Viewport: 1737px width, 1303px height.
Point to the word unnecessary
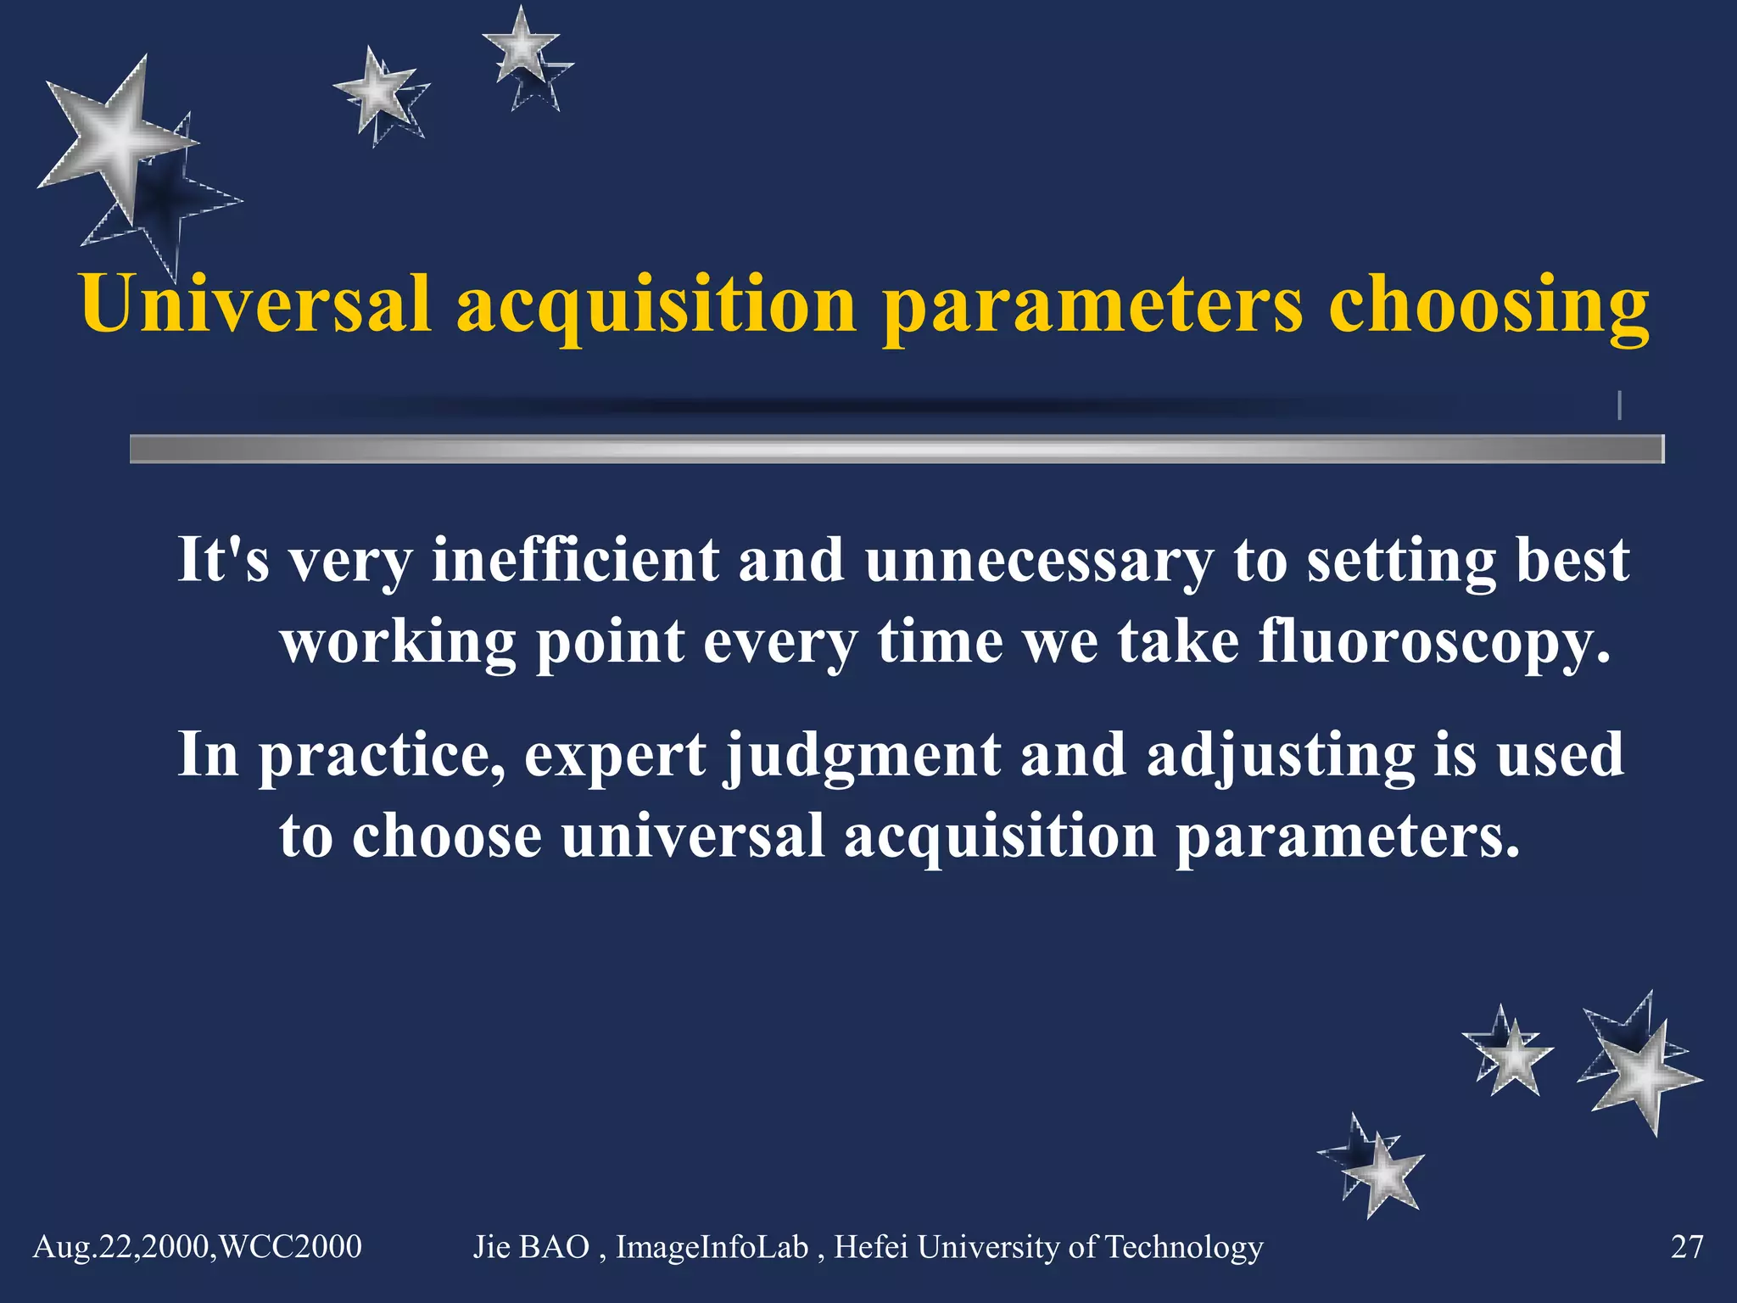point(1039,562)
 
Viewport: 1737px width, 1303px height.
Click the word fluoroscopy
point(1433,643)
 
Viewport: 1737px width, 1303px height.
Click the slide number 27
point(1686,1247)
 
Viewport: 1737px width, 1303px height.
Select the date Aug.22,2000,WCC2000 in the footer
point(197,1247)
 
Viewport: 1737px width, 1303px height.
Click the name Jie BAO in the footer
point(531,1247)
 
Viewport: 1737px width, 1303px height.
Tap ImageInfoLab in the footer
point(712,1247)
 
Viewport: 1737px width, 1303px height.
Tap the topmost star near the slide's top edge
point(521,47)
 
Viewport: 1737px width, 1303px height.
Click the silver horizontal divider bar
point(896,449)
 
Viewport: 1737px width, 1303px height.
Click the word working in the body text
point(399,643)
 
